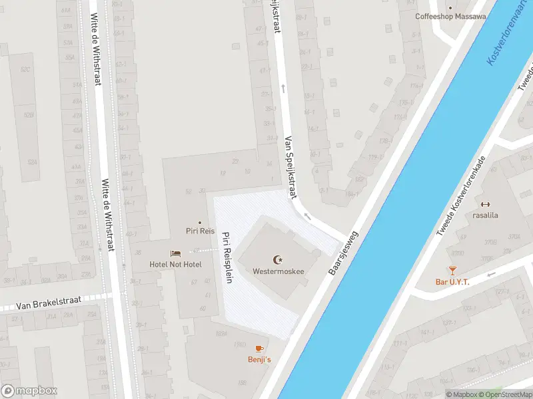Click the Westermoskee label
tap(278, 271)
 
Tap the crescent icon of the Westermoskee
tap(278, 259)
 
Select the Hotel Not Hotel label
tap(175, 264)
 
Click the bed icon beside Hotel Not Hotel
tap(175, 253)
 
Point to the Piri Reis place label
tap(200, 231)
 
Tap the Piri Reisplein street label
tap(227, 257)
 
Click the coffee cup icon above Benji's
tap(260, 348)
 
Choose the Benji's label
tap(260, 360)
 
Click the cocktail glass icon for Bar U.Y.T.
tap(452, 270)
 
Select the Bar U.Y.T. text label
tap(452, 282)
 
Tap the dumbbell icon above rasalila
tap(486, 204)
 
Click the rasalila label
tap(486, 215)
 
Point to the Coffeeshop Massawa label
tap(450, 17)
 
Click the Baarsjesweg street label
tap(344, 253)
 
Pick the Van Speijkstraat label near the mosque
tap(290, 168)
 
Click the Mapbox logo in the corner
tap(29, 391)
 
